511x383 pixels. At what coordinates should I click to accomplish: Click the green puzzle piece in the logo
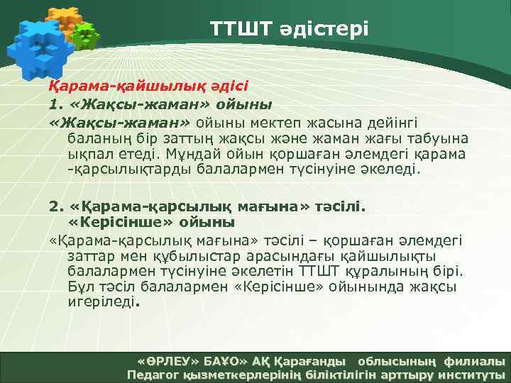pyautogui.click(x=85, y=35)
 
